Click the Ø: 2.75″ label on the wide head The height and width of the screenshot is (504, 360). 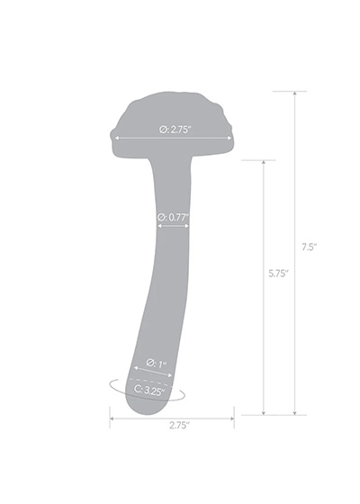[x=175, y=130]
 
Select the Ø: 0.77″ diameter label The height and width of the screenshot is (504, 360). [x=173, y=217]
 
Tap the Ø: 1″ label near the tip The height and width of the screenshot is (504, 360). [x=156, y=364]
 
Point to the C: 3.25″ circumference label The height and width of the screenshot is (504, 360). [x=149, y=391]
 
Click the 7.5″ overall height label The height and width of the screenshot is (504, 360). [x=310, y=247]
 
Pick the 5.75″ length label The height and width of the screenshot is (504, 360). [x=279, y=274]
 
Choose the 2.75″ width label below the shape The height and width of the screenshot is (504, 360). [x=179, y=425]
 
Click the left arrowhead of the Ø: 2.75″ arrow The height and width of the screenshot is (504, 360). [x=117, y=139]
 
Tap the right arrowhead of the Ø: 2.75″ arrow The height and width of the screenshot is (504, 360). [x=229, y=139]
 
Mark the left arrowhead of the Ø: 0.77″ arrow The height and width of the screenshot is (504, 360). [x=160, y=226]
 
